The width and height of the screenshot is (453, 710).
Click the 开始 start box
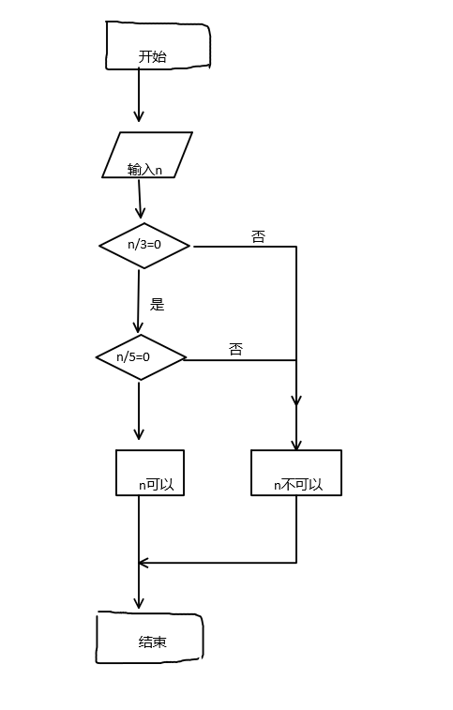tap(158, 46)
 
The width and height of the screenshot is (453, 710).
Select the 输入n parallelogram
tap(147, 155)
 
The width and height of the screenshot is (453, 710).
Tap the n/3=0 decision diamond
tap(144, 246)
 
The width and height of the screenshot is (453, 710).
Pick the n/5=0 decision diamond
tap(141, 357)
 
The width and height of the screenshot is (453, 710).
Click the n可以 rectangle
tap(150, 473)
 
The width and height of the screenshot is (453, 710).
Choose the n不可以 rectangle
tap(296, 473)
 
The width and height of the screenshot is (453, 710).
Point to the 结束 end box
tap(149, 639)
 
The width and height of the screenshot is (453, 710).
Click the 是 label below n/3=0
tap(158, 304)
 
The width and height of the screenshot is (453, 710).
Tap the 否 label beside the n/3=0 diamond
tap(258, 237)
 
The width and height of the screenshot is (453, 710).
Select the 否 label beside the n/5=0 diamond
tap(235, 349)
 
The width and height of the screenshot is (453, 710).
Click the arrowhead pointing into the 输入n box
tap(139, 116)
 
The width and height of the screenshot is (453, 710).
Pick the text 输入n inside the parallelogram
tap(145, 170)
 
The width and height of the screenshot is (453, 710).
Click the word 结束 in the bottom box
tap(152, 642)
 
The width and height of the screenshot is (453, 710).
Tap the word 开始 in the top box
tap(152, 57)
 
